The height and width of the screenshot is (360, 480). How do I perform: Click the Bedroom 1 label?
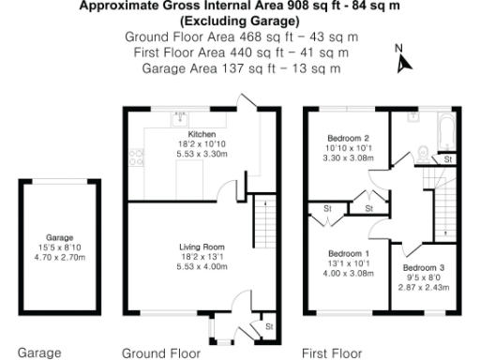pyautogui.click(x=349, y=254)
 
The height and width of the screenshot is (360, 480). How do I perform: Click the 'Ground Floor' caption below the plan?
pyautogui.click(x=161, y=353)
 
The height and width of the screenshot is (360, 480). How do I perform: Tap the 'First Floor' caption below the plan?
pyautogui.click(x=332, y=353)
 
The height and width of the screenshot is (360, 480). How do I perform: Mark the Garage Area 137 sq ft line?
pyautogui.click(x=234, y=68)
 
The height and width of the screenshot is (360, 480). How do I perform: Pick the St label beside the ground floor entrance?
pyautogui.click(x=268, y=326)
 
